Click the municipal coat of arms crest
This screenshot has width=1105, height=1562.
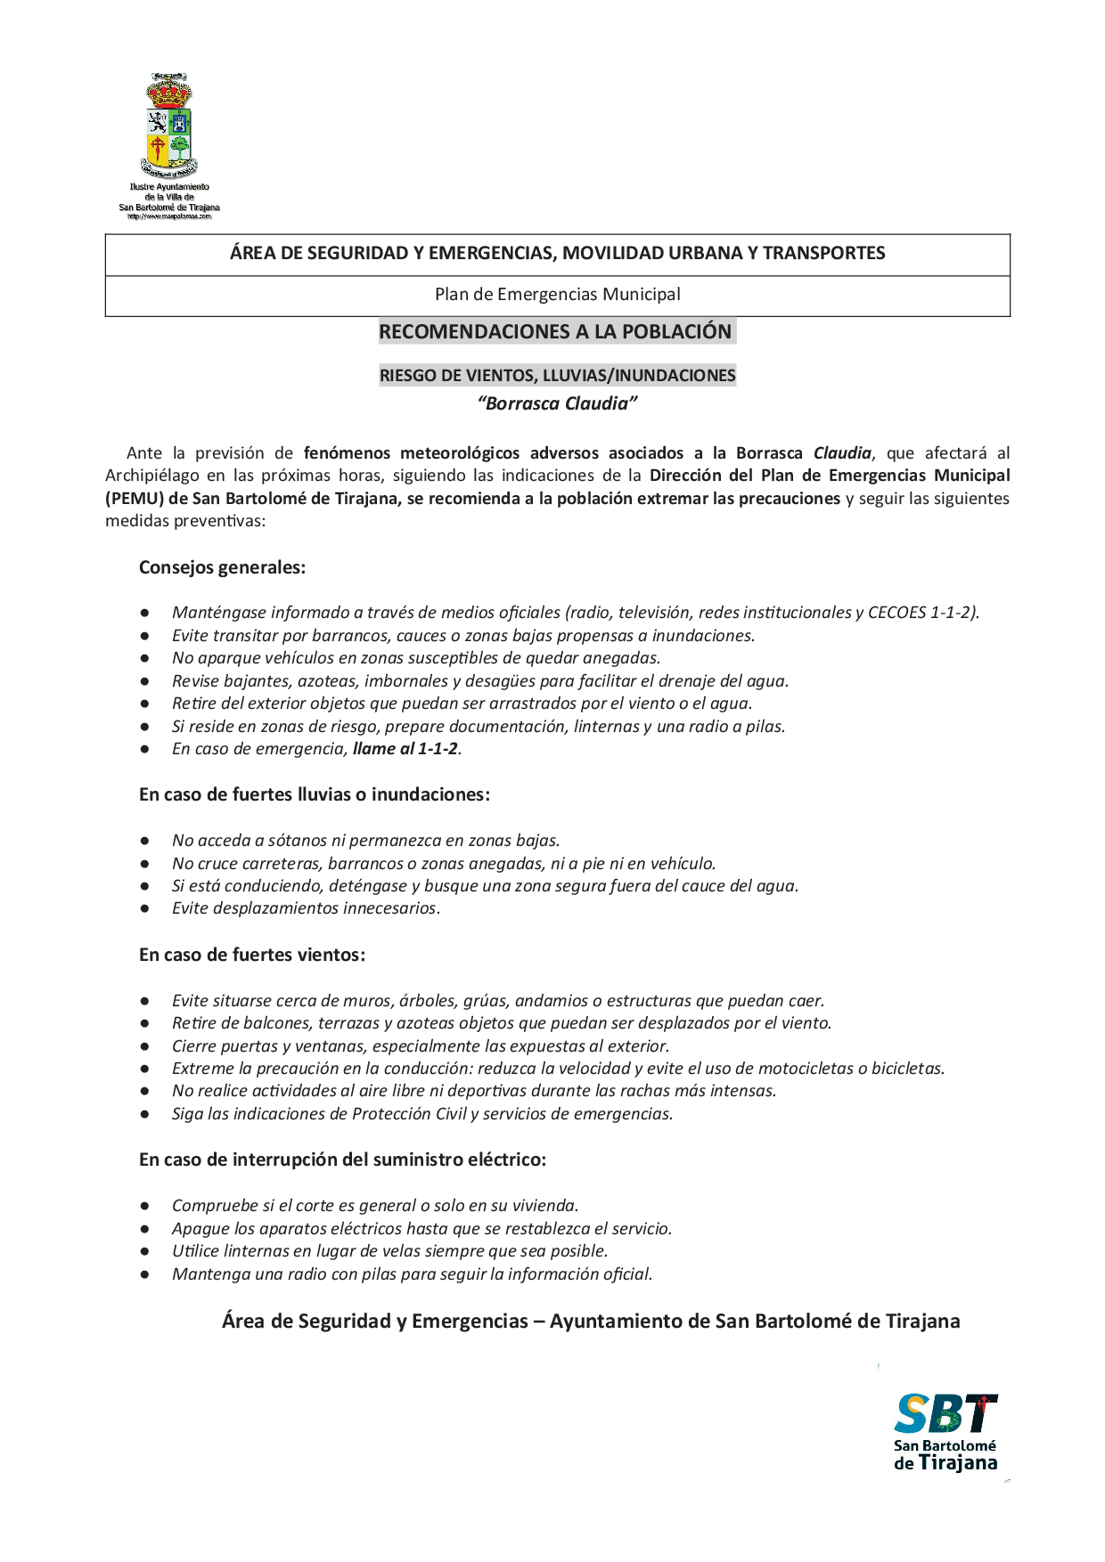coord(168,125)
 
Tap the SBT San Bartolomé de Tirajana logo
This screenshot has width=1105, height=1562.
coord(945,1431)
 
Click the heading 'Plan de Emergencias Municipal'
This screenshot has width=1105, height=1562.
coord(557,295)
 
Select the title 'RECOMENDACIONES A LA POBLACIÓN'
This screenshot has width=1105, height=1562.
coord(555,332)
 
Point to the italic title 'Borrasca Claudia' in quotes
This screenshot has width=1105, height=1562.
coord(557,403)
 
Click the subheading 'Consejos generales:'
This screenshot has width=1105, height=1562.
coord(222,567)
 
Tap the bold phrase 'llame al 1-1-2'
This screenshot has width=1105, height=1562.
coord(405,749)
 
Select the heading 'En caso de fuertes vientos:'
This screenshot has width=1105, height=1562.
coord(252,955)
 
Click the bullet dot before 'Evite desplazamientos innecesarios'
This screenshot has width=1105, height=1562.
coord(144,908)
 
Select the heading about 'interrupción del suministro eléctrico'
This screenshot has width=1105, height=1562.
coord(342,1159)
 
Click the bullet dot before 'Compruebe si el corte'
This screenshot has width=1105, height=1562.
coord(144,1206)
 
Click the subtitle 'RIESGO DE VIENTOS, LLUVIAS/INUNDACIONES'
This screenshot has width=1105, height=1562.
coord(557,376)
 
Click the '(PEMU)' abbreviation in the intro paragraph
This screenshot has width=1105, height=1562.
coord(134,499)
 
